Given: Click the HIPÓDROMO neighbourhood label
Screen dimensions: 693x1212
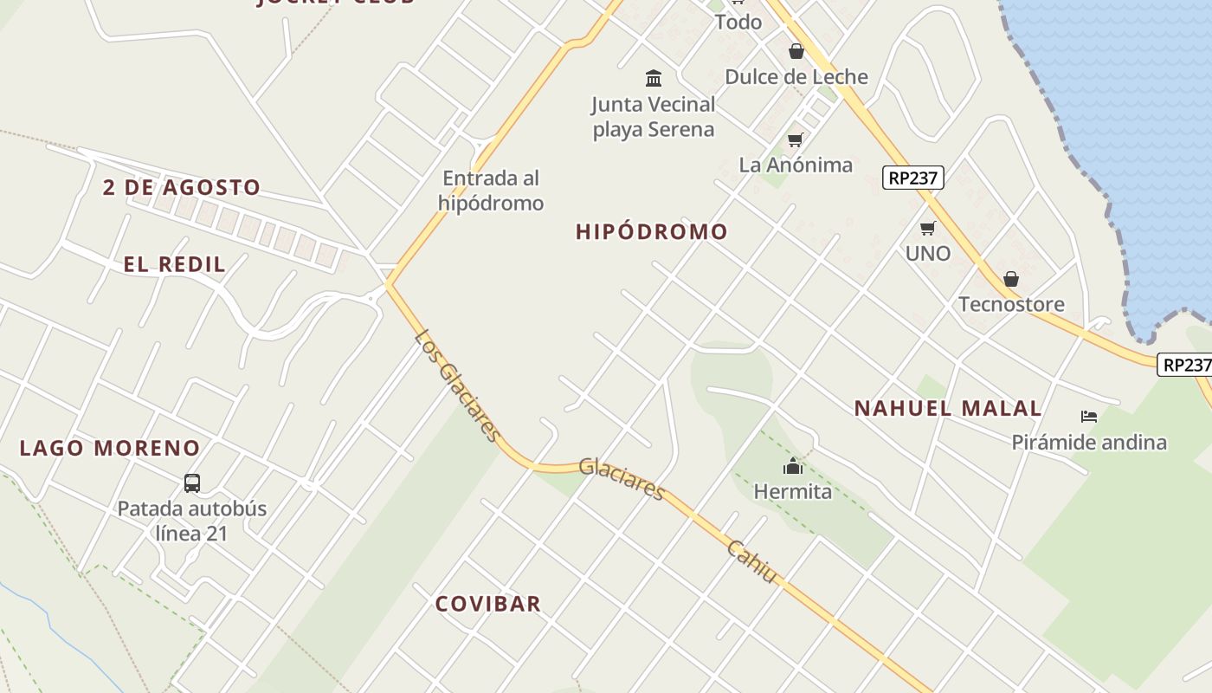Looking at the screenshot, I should tap(651, 232).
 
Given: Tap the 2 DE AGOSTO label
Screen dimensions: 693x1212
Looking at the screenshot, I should tap(182, 187).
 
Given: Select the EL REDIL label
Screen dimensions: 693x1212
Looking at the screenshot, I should tap(174, 264).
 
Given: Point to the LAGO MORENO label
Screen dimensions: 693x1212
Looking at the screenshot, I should tap(110, 448).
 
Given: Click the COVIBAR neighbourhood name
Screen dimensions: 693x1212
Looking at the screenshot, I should tap(487, 604).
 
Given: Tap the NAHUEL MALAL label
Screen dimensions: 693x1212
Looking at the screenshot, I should tap(948, 408).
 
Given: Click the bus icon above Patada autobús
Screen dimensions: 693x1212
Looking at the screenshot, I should tap(192, 483).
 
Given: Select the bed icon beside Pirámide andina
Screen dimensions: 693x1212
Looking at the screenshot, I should tap(1089, 417).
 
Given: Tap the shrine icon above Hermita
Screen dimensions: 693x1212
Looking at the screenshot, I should tap(792, 467).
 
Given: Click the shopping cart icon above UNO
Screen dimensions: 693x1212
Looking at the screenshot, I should tap(928, 228).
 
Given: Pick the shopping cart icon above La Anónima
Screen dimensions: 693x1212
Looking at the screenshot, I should tap(796, 139).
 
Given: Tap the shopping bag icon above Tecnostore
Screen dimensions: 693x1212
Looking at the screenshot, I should tap(1010, 279).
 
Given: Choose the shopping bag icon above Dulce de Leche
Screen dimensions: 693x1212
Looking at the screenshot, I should tap(796, 51).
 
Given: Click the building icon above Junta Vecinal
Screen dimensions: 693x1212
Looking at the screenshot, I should tap(654, 79).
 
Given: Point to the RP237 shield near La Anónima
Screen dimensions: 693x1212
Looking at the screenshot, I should tap(912, 178).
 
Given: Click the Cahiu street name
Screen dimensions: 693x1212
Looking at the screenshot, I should tap(752, 561).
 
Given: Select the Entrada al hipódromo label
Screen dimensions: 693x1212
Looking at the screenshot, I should tap(491, 191).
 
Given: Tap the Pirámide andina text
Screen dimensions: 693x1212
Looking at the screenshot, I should tap(1089, 443).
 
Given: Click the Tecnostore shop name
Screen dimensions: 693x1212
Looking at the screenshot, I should tap(1011, 304).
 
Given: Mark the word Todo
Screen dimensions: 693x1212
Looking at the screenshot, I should tap(738, 22).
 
